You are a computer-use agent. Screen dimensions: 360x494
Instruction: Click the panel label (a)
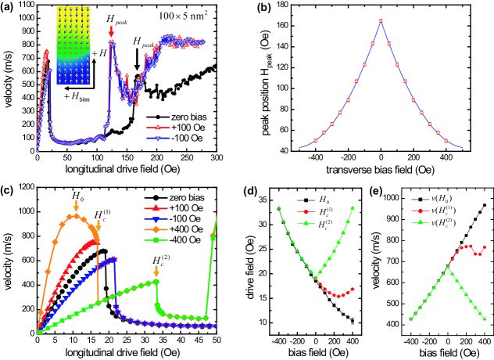(x=9, y=8)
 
